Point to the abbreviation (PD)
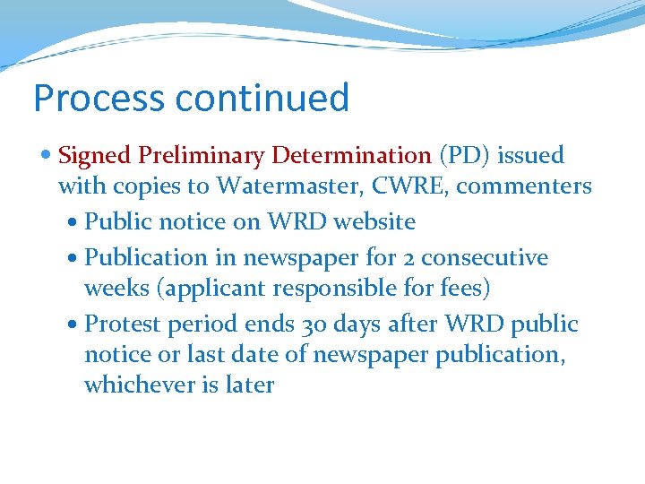[464, 156]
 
